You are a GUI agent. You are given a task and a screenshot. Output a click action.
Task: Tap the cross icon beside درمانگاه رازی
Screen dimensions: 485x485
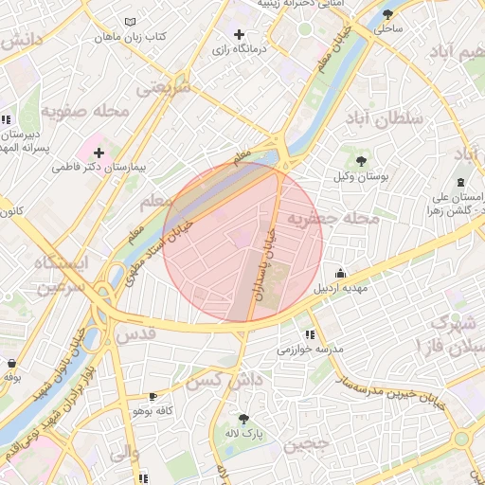239,34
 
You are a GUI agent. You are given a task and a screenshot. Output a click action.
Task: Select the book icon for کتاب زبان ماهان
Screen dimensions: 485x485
130,22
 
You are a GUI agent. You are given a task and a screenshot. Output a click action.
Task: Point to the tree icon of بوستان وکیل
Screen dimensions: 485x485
361,161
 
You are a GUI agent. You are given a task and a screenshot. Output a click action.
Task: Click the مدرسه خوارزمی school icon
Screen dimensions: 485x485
310,334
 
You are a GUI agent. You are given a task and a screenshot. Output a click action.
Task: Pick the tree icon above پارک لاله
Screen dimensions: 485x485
244,418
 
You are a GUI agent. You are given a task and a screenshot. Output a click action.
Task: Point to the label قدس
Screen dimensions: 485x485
135,335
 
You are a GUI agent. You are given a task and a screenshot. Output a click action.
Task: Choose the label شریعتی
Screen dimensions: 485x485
163,88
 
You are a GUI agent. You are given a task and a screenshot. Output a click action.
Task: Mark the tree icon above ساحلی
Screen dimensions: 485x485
388,13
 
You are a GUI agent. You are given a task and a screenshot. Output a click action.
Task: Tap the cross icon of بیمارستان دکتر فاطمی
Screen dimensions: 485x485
99,152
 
